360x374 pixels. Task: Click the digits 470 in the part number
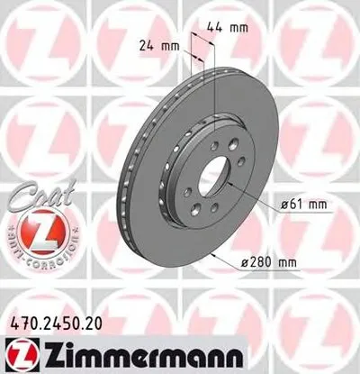pos(19,320)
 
